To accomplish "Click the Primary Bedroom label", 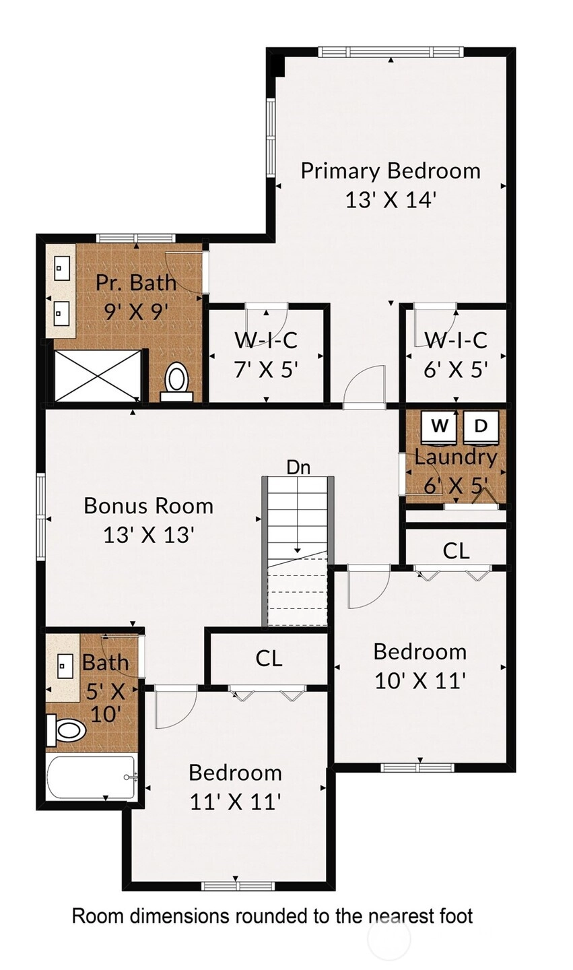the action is pos(391,170).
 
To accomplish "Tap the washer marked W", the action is pos(440,427).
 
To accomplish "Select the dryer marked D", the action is pos(481,427).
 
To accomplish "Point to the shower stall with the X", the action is pos(98,375).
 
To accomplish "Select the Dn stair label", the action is pos(298,467).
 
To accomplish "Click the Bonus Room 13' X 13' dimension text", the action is pos(148,536).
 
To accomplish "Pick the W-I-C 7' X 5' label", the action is pos(266,354).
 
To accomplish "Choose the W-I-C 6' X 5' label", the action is pos(456,354).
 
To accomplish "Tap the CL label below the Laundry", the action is pos(456,551).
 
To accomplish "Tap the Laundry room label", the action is pos(456,457).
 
